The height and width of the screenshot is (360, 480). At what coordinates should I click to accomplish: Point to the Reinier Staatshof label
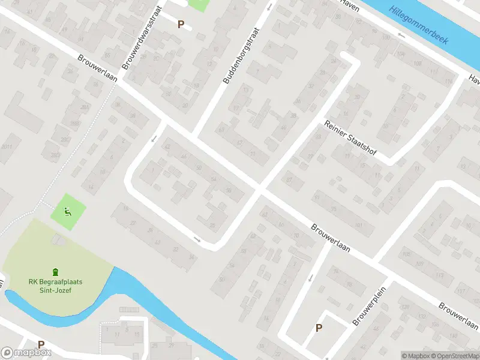[x=349, y=139]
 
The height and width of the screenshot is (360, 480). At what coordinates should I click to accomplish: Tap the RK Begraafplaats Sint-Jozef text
[x=55, y=286]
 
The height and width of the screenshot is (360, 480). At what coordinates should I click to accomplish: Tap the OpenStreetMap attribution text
[x=456, y=356]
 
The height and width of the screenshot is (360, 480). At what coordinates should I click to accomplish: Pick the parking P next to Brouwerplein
[x=319, y=328]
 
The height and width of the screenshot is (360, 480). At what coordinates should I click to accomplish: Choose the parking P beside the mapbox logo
[x=41, y=345]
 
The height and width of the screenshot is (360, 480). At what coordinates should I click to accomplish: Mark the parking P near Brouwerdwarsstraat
[x=181, y=24]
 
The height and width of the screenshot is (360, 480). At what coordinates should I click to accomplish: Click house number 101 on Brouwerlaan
[x=359, y=226]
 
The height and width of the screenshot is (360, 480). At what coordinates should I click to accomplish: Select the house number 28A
[x=85, y=108]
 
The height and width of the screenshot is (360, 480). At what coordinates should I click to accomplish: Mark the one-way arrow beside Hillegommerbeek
[x=401, y=35]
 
